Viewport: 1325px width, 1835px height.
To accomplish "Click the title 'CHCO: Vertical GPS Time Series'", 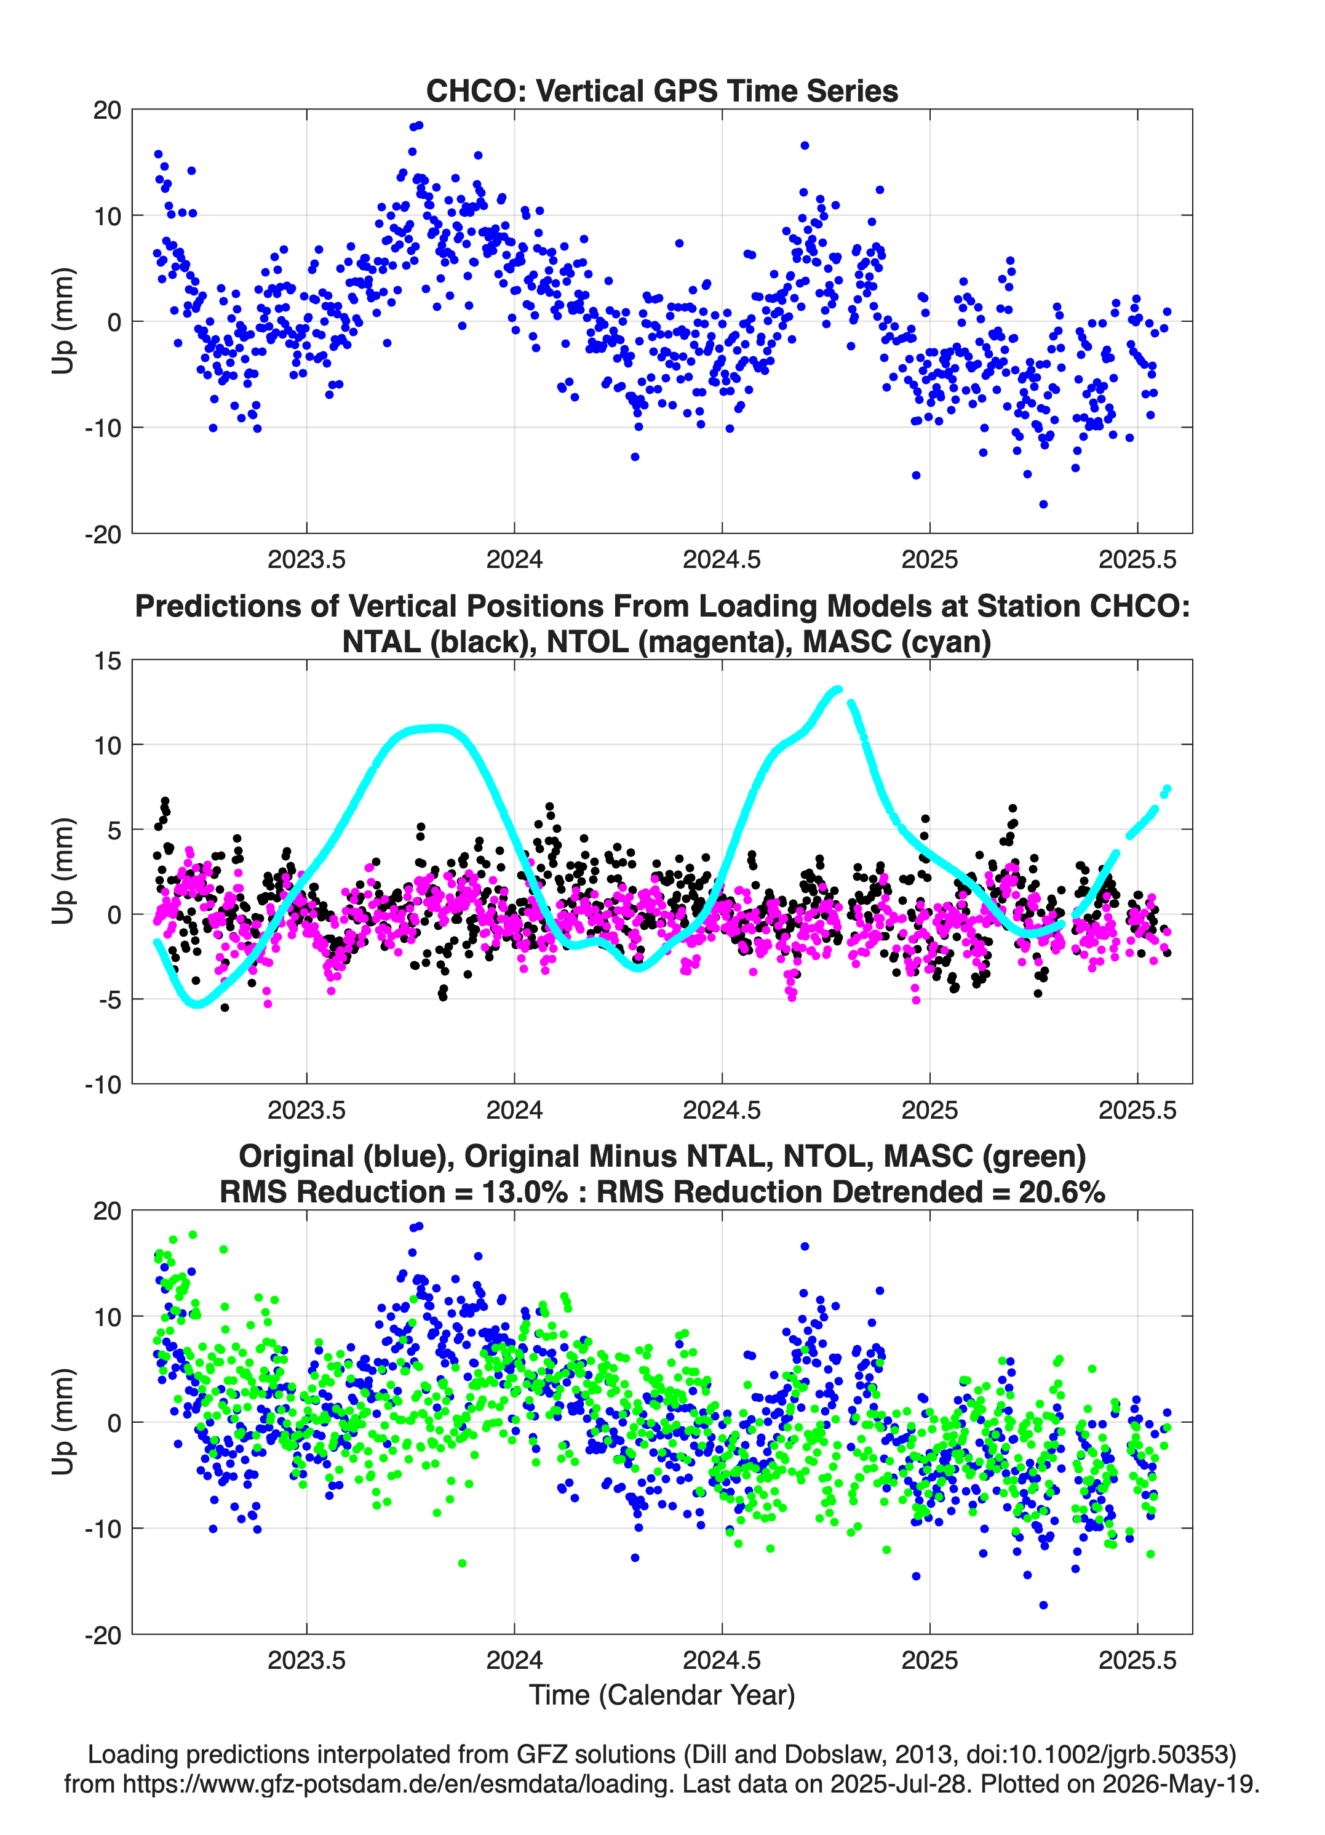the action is coord(662,90).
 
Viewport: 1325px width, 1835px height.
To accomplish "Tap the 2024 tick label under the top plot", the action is coord(514,559).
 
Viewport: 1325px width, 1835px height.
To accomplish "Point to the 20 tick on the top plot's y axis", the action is coord(107,110).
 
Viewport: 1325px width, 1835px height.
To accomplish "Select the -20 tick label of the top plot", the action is coord(103,534).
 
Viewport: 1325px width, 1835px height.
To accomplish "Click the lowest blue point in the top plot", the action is coord(1043,504).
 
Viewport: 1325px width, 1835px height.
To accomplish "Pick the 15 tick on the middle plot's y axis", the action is coord(108,661).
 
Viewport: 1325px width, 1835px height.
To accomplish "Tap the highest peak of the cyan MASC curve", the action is coord(837,689).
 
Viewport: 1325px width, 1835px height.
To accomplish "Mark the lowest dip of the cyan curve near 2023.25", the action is coord(197,1004).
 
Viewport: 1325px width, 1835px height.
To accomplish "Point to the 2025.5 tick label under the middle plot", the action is coord(1137,1109).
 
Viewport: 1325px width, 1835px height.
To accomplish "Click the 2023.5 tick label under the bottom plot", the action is coord(306,1660).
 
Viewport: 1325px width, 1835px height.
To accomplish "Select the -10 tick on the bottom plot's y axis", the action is coord(103,1529).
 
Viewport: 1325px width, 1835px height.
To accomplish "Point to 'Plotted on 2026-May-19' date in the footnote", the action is coord(1120,1784).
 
